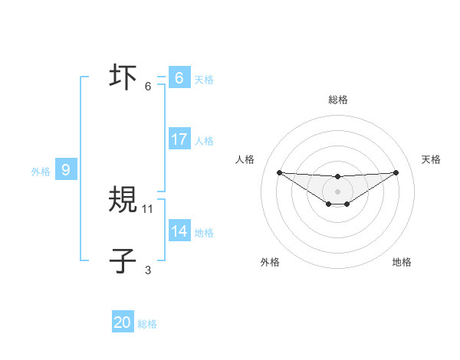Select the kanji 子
tap(123, 261)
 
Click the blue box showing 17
tap(179, 139)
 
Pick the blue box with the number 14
tap(179, 231)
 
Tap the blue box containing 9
tap(66, 170)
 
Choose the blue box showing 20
tap(123, 322)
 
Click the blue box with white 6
tap(179, 78)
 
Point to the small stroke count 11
tap(149, 208)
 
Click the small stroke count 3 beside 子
tap(148, 270)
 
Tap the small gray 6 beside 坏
tap(148, 86)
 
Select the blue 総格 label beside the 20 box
tap(148, 324)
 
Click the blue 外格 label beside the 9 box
tap(41, 172)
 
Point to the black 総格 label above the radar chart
tap(338, 100)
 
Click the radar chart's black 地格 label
tap(402, 262)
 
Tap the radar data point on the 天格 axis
tap(396, 172)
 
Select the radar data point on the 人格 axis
tap(279, 172)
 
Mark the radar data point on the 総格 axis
tap(337, 177)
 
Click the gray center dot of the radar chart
tap(337, 191)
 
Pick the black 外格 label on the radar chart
tap(270, 262)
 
